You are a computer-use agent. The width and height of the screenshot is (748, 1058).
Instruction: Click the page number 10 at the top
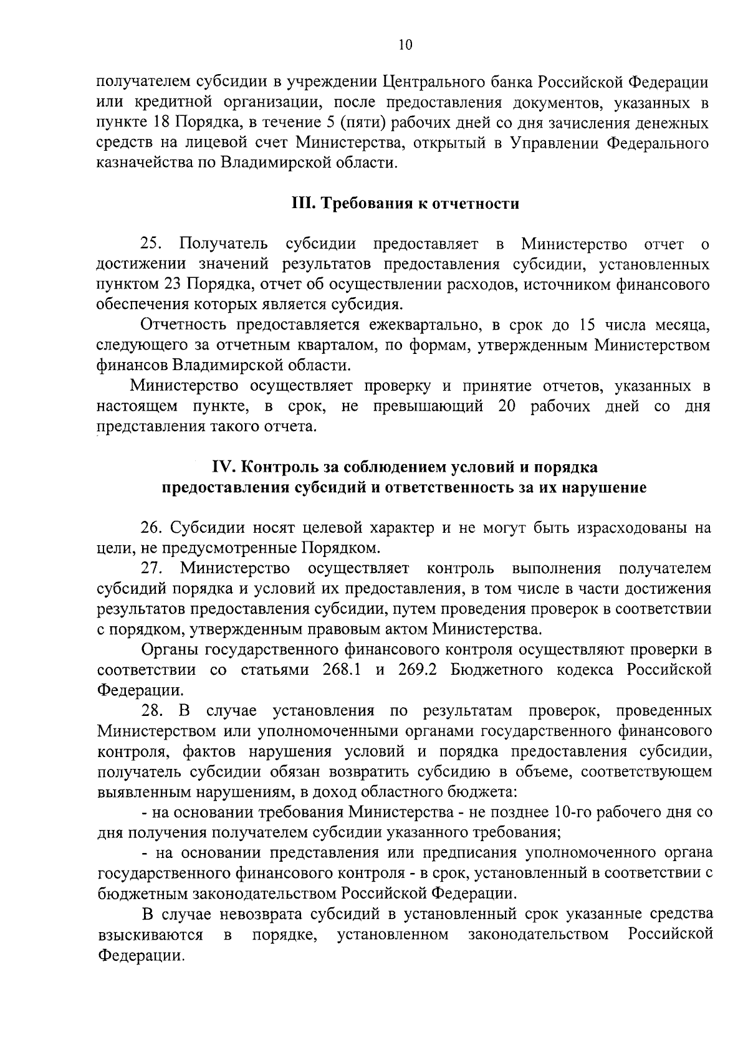405,45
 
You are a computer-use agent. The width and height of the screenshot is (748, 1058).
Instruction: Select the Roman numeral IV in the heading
224,467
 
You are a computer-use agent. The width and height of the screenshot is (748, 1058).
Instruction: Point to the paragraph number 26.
152,528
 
